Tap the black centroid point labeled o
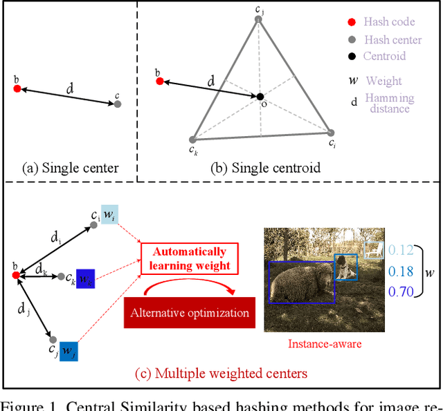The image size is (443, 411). [x=260, y=97]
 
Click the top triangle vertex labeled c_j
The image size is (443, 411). [x=258, y=19]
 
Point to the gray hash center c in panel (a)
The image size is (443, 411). [x=118, y=104]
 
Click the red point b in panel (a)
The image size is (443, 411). [x=17, y=88]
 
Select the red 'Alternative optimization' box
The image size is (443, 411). [x=190, y=312]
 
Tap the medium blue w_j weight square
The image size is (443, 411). [x=70, y=352]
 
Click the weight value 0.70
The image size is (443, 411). [x=401, y=291]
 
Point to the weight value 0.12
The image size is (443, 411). [x=401, y=251]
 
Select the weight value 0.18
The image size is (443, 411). [x=401, y=270]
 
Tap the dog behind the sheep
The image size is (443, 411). [x=344, y=267]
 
